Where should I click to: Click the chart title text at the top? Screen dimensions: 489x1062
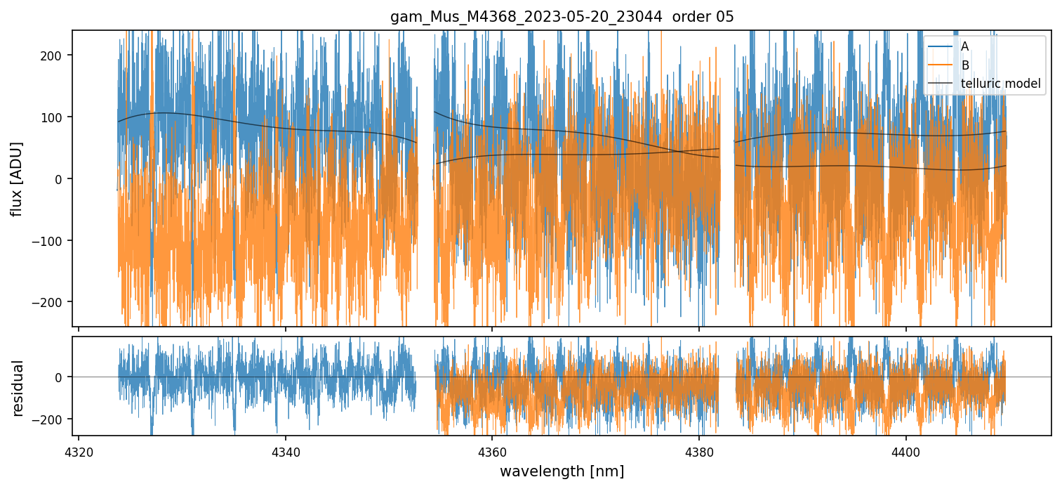pos(562,17)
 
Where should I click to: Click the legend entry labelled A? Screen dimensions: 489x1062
pos(964,46)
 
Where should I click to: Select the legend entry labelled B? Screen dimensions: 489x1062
pos(964,65)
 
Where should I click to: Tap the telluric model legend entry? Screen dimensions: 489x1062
pos(1000,84)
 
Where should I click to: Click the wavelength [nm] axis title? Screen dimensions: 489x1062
pos(562,471)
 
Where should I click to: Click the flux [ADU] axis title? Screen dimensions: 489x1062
pos(17,178)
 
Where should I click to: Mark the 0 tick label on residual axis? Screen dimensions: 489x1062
pos(60,377)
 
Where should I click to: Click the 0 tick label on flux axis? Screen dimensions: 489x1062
pos(60,179)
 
